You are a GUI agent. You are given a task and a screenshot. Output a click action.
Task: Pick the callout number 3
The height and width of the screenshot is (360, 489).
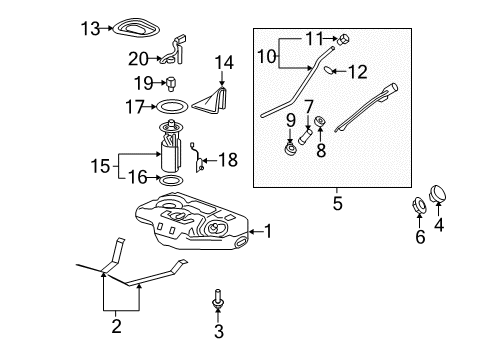click(x=219, y=331)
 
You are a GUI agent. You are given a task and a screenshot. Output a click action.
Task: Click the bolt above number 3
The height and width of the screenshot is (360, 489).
click(x=217, y=299)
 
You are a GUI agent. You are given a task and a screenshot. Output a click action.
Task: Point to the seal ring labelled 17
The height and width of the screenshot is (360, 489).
click(x=173, y=106)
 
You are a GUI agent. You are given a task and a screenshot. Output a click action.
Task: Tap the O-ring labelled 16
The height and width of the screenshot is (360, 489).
click(x=171, y=180)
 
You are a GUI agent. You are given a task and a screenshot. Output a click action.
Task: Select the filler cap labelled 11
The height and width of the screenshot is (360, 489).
click(x=343, y=40)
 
